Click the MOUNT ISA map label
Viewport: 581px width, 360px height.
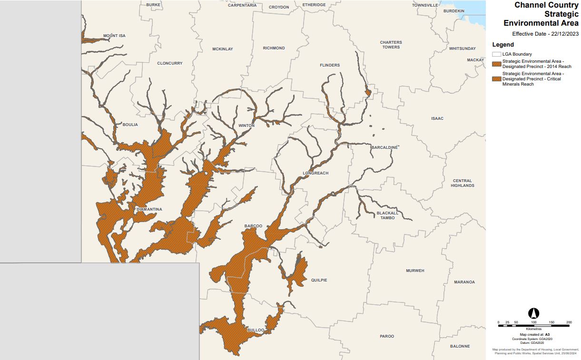coord(114,36)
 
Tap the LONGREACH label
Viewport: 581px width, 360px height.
coord(315,174)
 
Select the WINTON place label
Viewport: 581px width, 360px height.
coord(246,126)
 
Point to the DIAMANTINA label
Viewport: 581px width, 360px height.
coord(149,209)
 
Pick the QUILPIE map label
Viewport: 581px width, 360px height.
coord(318,281)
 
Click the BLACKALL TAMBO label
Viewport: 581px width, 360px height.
coord(387,215)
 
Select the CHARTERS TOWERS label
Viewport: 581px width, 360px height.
coord(391,45)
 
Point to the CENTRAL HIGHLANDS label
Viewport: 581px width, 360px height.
coord(462,183)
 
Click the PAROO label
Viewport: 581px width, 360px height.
coord(387,336)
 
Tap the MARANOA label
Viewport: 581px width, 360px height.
coord(464,282)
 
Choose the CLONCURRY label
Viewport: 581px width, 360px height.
coord(170,63)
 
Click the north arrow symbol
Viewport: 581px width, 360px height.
coord(534,313)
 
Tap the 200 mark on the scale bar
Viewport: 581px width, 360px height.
coord(569,322)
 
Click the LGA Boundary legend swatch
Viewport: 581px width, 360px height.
coord(497,54)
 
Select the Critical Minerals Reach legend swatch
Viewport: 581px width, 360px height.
coord(497,79)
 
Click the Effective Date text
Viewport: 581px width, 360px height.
coord(545,34)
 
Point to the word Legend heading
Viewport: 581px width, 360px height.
coord(503,45)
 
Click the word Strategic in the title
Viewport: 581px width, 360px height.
coord(561,14)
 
